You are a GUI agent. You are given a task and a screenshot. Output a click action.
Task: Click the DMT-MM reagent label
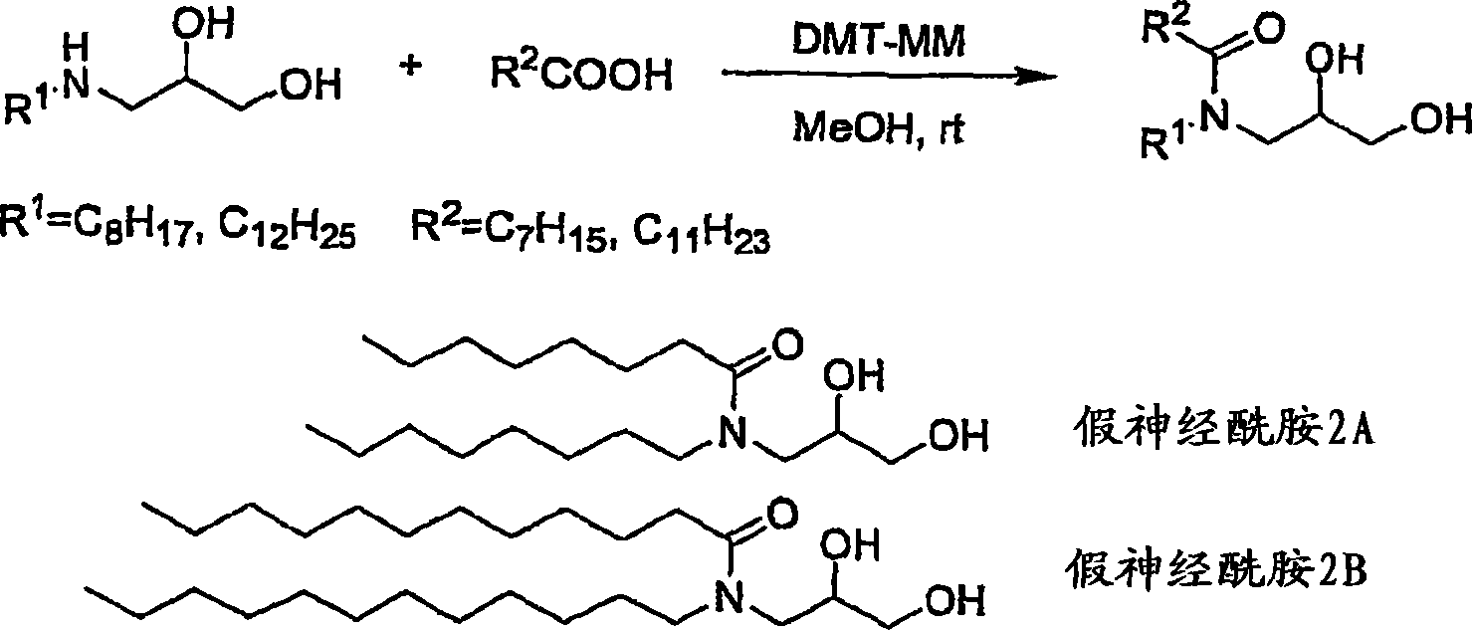point(879,40)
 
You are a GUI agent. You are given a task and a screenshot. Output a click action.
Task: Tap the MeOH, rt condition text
point(879,127)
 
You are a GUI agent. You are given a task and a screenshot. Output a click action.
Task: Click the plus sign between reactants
point(410,67)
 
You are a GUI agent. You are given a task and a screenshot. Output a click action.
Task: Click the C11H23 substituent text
point(701,231)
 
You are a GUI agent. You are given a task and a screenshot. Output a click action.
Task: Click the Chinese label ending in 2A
point(1222,432)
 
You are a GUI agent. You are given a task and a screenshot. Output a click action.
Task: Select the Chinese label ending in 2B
point(1215,569)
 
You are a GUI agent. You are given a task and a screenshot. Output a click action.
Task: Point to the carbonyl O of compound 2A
point(788,344)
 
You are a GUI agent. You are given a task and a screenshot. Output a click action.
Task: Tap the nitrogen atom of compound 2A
point(733,433)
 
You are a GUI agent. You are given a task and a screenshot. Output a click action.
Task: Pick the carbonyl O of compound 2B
point(782,514)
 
